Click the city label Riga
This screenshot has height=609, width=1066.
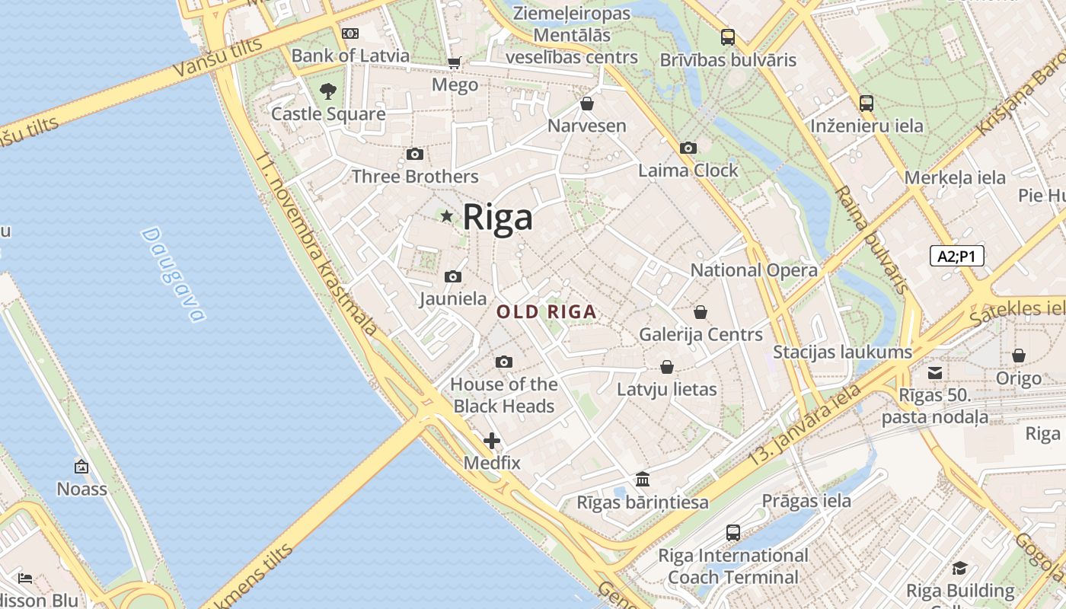pyautogui.click(x=497, y=217)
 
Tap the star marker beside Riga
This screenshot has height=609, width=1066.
pyautogui.click(x=447, y=216)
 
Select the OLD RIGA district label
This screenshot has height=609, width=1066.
pyautogui.click(x=546, y=312)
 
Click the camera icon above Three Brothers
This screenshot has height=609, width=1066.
pyautogui.click(x=415, y=155)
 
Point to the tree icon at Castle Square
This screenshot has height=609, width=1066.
pyautogui.click(x=328, y=91)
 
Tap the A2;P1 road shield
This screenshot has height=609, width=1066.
pyautogui.click(x=956, y=257)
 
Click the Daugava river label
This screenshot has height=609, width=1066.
pyautogui.click(x=173, y=275)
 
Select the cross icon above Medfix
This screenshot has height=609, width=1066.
pyautogui.click(x=492, y=440)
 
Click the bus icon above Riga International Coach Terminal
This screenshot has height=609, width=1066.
pyautogui.click(x=732, y=533)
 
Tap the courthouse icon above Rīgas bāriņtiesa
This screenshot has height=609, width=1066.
pyautogui.click(x=643, y=480)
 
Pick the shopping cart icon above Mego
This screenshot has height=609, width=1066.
pyautogui.click(x=455, y=62)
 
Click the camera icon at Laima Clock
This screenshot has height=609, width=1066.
pyautogui.click(x=688, y=148)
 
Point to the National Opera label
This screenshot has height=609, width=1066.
pyautogui.click(x=754, y=270)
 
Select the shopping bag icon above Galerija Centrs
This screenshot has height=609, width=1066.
pyautogui.click(x=701, y=312)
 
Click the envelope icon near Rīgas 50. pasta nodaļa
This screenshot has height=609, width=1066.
pyautogui.click(x=934, y=373)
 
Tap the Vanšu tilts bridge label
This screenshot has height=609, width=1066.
pyautogui.click(x=217, y=56)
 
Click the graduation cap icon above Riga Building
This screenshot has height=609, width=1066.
pyautogui.click(x=959, y=568)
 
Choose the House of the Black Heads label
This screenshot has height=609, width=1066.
pyautogui.click(x=503, y=395)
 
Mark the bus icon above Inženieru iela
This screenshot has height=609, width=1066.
pyautogui.click(x=866, y=103)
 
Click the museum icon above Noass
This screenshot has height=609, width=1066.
pyautogui.click(x=81, y=467)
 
